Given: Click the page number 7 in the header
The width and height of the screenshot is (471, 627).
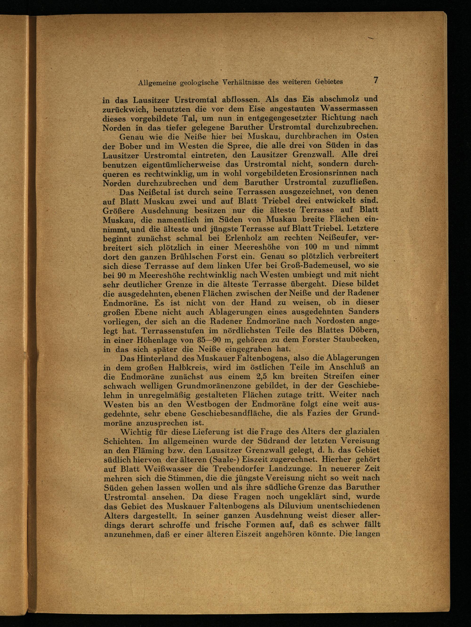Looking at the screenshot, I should (x=376, y=80).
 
